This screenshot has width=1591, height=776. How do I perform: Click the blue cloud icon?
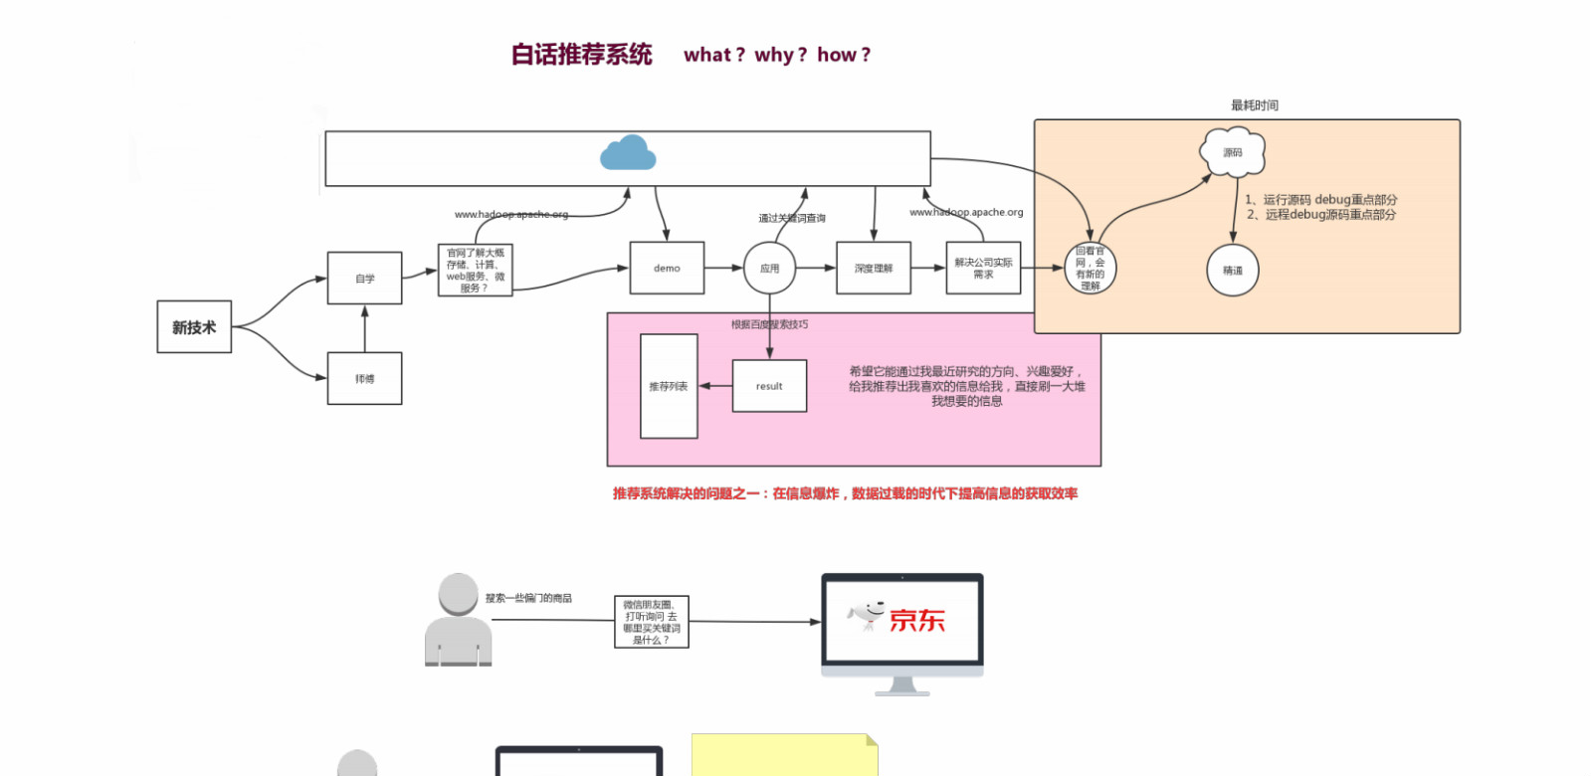[x=628, y=153]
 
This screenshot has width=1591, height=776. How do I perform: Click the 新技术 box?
[x=194, y=327]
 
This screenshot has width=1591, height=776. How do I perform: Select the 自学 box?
[x=365, y=279]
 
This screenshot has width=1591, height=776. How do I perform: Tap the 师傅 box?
[x=365, y=379]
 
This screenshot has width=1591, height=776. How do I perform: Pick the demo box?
[x=667, y=269]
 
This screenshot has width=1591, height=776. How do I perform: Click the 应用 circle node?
[x=769, y=269]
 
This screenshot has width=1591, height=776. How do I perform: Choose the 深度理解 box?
[x=874, y=269]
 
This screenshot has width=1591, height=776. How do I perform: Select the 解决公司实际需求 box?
[x=983, y=269]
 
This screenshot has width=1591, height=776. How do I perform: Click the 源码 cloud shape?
[x=1233, y=152]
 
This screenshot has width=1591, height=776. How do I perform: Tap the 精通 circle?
[x=1233, y=271]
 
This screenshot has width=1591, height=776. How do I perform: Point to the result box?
[x=769, y=386]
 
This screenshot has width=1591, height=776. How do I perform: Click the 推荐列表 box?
[x=669, y=386]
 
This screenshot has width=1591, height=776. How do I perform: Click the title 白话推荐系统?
[x=582, y=55]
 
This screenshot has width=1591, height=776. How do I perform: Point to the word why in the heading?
[x=774, y=56]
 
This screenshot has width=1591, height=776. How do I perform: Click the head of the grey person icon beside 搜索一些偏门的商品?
[x=459, y=594]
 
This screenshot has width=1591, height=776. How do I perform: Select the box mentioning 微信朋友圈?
[x=652, y=622]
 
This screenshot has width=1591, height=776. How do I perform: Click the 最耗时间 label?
[x=1255, y=105]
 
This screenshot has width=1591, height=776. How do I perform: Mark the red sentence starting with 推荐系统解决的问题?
[x=845, y=493]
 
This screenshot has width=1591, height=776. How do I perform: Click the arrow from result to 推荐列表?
[x=714, y=386]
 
